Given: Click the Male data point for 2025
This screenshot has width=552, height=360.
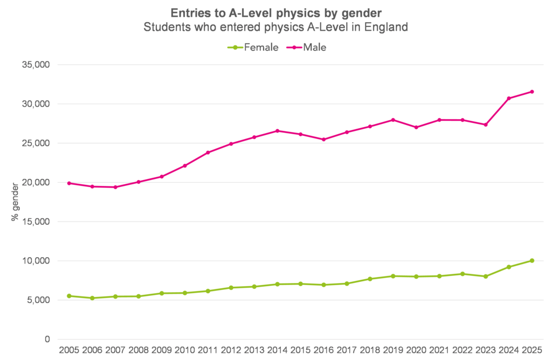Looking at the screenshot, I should [532, 92].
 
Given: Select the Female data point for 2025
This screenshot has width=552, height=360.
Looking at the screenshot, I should [532, 261].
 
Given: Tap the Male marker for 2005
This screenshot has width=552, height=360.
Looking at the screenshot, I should [70, 183].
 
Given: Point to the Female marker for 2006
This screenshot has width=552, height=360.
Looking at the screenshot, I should [93, 298].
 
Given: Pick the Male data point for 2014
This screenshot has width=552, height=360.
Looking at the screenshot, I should [278, 131].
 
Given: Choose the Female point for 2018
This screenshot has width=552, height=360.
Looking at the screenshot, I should [370, 279].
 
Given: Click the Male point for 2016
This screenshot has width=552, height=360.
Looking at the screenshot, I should [323, 140].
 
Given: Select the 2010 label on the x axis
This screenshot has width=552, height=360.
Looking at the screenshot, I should [185, 350].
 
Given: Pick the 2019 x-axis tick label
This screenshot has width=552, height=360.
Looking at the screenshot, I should [393, 350].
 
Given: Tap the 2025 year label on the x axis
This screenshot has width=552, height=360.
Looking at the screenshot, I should [532, 350].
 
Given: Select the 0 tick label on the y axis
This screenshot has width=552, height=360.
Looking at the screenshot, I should [47, 340].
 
